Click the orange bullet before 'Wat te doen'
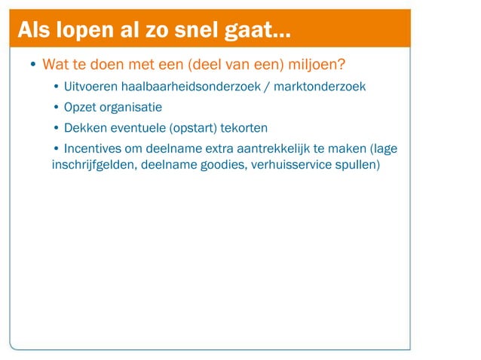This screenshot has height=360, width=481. tap(33, 64)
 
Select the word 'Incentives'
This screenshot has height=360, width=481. tap(93, 148)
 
